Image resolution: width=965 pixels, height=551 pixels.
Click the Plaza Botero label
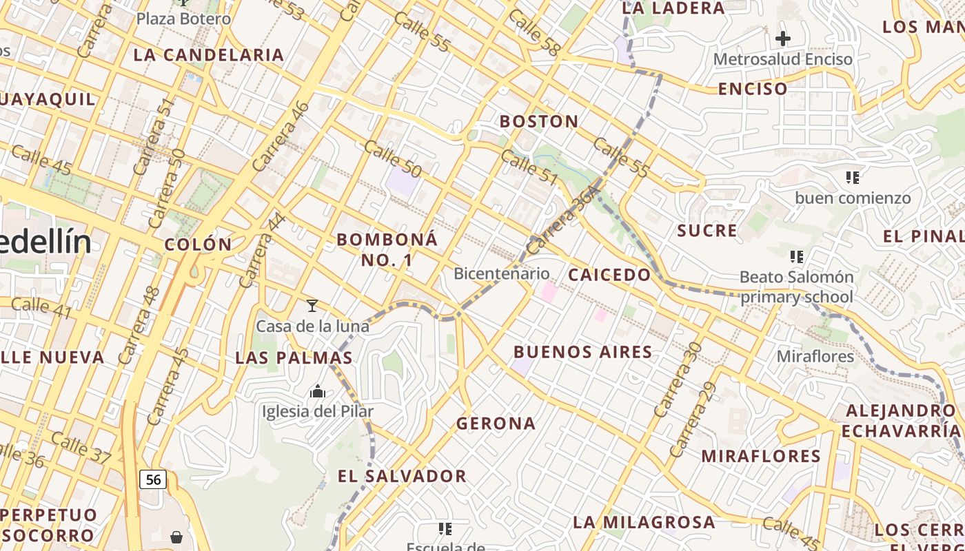click(183, 19)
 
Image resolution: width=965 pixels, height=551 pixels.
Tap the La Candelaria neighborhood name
click(208, 55)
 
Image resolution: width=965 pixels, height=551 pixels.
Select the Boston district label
click(539, 122)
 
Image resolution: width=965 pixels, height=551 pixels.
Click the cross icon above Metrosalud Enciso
click(783, 39)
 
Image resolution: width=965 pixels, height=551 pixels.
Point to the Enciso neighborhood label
click(753, 89)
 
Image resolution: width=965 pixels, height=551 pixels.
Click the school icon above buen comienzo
click(853, 178)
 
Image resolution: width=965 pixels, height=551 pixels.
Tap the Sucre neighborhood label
click(707, 231)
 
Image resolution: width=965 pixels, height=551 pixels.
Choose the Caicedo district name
click(609, 275)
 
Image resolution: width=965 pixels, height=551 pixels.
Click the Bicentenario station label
click(501, 273)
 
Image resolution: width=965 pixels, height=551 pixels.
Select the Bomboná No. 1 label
click(387, 249)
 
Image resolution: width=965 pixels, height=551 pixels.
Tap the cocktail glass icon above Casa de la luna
click(312, 305)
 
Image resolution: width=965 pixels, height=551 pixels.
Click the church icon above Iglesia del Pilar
click(318, 392)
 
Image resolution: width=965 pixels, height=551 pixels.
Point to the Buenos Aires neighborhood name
click(583, 352)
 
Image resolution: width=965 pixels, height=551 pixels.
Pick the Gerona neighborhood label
click(496, 424)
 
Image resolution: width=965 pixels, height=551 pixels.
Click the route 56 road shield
click(153, 479)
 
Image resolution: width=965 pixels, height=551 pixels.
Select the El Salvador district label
click(402, 476)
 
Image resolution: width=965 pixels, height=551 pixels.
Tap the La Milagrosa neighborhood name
click(644, 522)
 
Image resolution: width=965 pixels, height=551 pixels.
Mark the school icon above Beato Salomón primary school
click(797, 257)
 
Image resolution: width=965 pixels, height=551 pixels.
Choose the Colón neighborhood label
click(199, 245)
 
